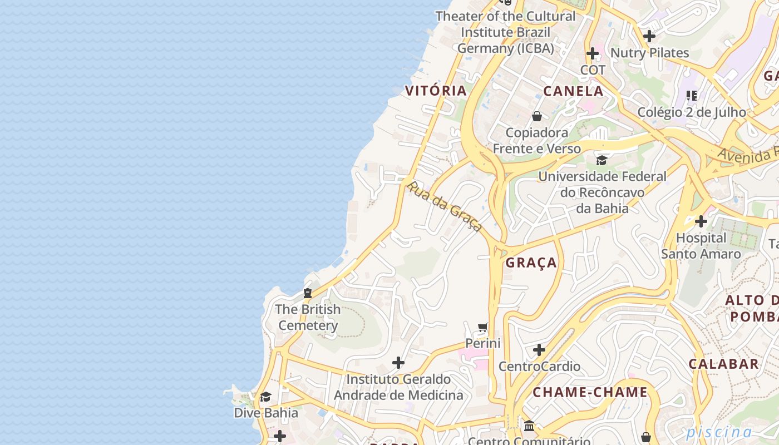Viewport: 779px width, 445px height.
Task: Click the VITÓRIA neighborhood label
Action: [436, 91]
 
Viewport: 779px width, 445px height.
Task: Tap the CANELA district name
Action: [573, 91]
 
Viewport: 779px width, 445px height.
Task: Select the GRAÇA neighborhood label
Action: [531, 263]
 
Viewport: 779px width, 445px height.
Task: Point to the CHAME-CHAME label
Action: [590, 392]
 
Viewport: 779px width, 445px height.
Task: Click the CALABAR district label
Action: [723, 364]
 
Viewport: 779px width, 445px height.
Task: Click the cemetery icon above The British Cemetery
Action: [308, 293]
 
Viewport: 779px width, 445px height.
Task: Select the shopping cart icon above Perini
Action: [483, 327]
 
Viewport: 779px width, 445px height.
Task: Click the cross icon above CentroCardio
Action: [539, 350]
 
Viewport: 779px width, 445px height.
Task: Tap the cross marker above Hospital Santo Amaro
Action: [701, 221]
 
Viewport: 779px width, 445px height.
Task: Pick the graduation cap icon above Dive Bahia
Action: [265, 397]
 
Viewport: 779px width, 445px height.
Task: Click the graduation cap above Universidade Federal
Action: [601, 161]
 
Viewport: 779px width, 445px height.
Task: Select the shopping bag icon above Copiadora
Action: [537, 116]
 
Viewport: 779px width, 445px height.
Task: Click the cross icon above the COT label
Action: [593, 54]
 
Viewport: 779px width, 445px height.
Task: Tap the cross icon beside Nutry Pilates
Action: [649, 37]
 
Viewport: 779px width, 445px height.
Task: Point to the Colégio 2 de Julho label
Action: [691, 112]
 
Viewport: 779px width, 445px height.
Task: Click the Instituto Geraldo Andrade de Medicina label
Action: [398, 387]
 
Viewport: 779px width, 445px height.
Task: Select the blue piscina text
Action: [718, 432]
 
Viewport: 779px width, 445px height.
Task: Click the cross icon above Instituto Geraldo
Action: [398, 363]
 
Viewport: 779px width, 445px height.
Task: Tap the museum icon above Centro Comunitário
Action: [529, 426]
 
